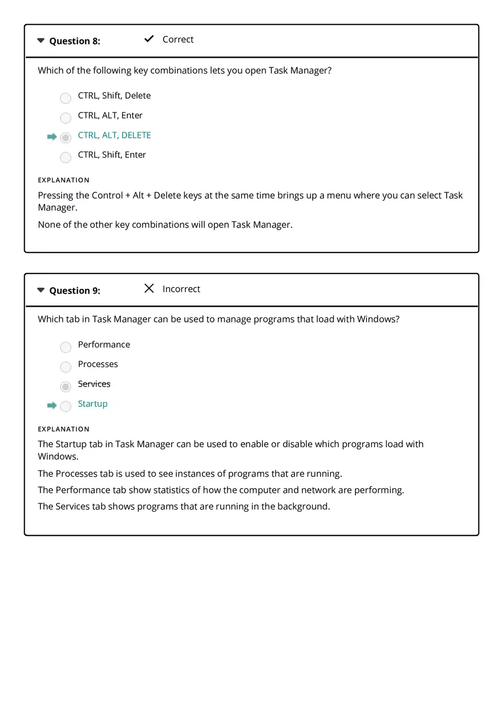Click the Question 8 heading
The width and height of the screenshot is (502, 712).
click(x=74, y=41)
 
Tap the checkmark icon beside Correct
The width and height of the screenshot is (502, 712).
click(x=149, y=39)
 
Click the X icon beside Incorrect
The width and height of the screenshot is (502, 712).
click(x=149, y=288)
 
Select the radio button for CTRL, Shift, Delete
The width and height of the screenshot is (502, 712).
click(x=66, y=98)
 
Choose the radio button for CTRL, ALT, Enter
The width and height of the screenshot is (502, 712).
click(x=66, y=118)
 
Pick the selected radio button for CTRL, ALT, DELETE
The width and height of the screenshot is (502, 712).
click(x=66, y=138)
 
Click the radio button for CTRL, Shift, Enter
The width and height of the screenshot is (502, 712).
click(x=66, y=157)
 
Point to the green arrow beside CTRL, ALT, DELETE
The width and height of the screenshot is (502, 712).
click(x=52, y=137)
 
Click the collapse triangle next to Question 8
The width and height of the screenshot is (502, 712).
click(x=41, y=41)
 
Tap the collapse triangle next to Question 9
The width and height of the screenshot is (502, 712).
click(x=41, y=290)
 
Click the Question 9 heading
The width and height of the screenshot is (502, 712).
click(x=74, y=291)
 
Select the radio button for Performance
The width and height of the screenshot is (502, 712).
click(x=66, y=347)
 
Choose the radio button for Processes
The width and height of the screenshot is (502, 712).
click(x=66, y=367)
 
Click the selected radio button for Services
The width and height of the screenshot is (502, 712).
click(x=66, y=387)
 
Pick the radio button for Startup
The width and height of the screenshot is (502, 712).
click(x=66, y=406)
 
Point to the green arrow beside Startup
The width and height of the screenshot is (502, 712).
click(x=52, y=405)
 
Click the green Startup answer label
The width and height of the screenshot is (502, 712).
click(x=92, y=404)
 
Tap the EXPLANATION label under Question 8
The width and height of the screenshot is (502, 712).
click(x=63, y=180)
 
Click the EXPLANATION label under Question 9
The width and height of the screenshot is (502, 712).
click(x=63, y=429)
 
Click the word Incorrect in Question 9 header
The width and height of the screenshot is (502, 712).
click(x=181, y=289)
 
